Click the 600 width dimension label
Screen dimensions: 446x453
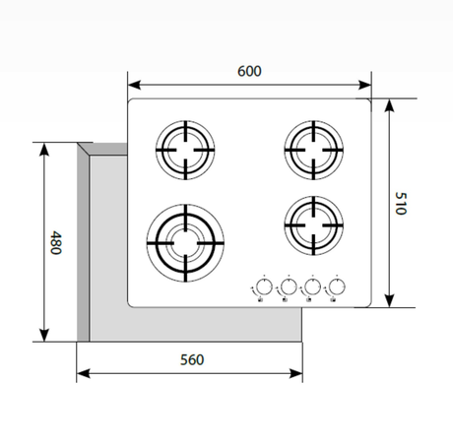[249, 72]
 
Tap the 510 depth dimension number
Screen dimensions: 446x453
[401, 204]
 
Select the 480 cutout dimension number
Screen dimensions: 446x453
[56, 242]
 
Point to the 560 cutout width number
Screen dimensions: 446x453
[191, 359]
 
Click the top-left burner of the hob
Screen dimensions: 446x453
[184, 151]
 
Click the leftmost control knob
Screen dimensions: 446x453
[263, 287]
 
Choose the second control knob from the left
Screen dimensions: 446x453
[288, 287]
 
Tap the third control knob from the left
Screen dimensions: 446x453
[312, 287]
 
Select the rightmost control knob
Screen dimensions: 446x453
[337, 287]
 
